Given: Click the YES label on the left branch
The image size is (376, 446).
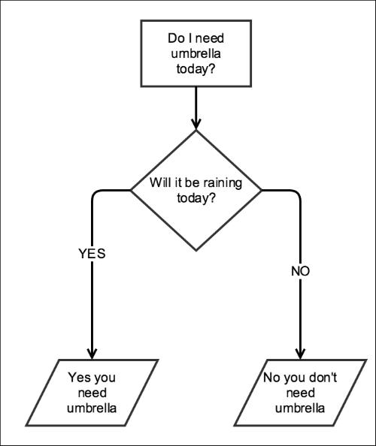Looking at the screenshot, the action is [x=92, y=254].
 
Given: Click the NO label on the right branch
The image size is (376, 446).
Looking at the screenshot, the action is [x=300, y=271].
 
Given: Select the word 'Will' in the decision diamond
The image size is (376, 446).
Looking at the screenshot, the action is [x=159, y=182].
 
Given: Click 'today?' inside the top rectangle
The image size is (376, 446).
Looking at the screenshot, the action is [x=196, y=68].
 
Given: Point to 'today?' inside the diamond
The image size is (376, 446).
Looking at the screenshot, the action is [x=196, y=197].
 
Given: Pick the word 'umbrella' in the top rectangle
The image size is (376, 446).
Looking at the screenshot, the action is [x=196, y=53].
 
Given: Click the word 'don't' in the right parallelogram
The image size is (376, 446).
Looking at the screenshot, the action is [x=323, y=378].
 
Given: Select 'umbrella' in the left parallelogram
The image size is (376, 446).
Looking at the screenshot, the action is [x=92, y=408].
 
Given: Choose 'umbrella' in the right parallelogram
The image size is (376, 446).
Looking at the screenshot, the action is [x=300, y=408].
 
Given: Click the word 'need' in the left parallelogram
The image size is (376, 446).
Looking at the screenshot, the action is [x=92, y=393].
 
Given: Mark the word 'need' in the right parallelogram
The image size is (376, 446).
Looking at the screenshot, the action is [x=300, y=393].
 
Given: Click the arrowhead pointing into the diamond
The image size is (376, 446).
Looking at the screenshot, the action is [x=196, y=125].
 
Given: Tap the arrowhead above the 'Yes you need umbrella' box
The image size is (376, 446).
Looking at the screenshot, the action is [x=92, y=354].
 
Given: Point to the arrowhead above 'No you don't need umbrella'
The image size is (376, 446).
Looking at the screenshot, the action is [x=300, y=354].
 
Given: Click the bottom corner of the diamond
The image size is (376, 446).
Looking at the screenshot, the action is [x=196, y=251].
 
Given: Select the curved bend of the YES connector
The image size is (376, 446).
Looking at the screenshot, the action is [x=94, y=192].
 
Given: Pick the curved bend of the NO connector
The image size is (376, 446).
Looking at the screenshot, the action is [x=298, y=192].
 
